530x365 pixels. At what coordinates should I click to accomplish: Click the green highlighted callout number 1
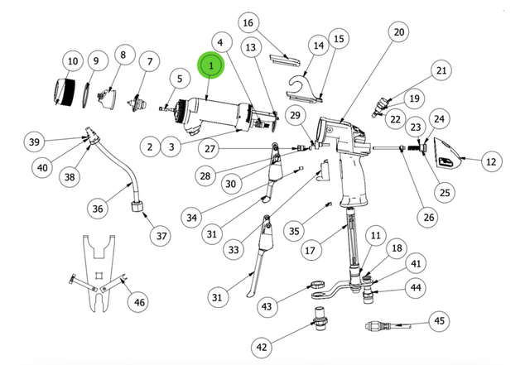211,65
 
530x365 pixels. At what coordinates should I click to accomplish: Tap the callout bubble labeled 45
440,321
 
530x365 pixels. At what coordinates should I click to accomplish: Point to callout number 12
491,162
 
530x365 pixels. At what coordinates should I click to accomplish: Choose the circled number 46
139,302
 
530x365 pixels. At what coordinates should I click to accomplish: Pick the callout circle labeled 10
72,60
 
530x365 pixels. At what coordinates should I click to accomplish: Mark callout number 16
248,22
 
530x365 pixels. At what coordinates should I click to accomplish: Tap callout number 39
34,142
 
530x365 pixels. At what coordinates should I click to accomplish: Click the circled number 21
441,71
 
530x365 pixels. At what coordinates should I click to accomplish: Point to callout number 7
150,61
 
